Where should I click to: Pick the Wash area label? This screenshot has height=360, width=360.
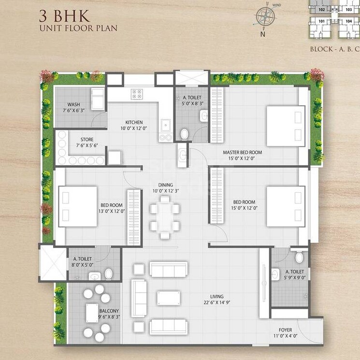coord(73,104)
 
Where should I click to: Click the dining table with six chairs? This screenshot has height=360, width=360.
coord(164,216)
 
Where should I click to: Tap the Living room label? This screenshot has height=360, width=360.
coord(213,297)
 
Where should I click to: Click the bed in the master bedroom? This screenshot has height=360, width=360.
coord(286,126)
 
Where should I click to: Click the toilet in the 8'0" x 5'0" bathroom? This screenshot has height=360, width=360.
coord(108,274)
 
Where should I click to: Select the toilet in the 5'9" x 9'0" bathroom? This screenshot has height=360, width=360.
coord(299,256)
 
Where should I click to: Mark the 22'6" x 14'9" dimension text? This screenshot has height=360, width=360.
coord(213,304)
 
